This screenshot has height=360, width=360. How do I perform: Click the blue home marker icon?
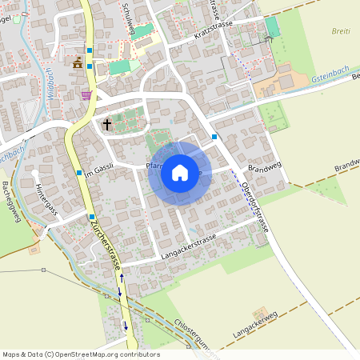(x=180, y=172)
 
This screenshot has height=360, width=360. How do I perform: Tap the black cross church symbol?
(x=107, y=124)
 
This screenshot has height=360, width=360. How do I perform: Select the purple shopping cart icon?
(x=86, y=94)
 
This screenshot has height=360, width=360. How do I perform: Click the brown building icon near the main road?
(x=78, y=63)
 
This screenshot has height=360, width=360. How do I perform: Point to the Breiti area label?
(x=341, y=32)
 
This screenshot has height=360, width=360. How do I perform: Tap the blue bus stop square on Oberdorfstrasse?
(x=215, y=137)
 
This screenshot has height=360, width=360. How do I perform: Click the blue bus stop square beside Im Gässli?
(x=78, y=172)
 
